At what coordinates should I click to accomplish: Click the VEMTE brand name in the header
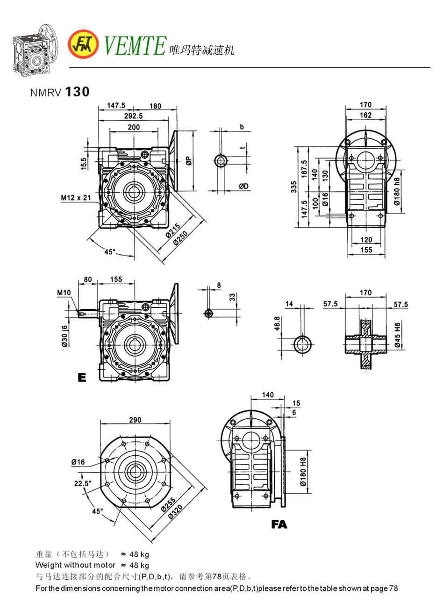pos(135,45)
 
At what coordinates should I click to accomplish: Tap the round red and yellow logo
pos(85,45)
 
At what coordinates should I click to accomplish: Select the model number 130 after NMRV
pos(77,92)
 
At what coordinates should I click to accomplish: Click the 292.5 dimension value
pos(134,116)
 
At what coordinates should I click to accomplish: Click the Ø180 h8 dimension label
pos(397,192)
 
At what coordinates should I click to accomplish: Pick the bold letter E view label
pos(82,378)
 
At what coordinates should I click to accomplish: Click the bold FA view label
pos(279,525)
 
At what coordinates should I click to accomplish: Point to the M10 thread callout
pos(64,293)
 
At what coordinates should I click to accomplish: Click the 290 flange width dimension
pos(135,420)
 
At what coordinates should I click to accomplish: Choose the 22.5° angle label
pos(83,483)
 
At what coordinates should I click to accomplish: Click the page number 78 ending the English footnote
pos(393,588)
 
